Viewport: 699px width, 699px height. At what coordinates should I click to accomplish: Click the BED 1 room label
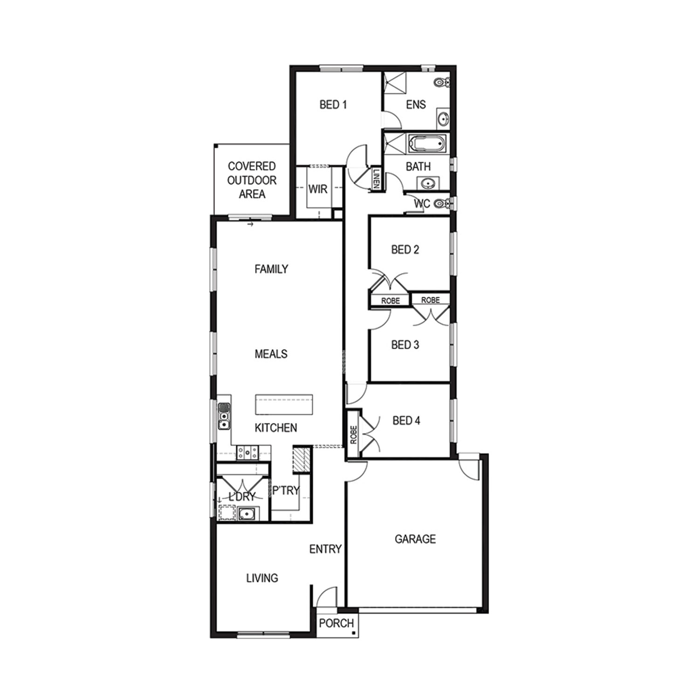(x=333, y=104)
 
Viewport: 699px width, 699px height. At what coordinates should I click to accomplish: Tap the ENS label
(x=416, y=104)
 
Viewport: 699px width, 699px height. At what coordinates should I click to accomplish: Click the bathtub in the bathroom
(x=427, y=144)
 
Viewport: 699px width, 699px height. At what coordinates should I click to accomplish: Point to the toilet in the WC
(x=442, y=204)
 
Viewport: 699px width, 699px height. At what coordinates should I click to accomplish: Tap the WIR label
(x=318, y=189)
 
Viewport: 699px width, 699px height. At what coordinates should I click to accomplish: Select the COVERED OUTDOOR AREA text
(x=252, y=180)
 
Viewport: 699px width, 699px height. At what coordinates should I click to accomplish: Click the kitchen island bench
(x=284, y=404)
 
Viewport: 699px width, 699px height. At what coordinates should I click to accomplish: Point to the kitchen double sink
(x=224, y=416)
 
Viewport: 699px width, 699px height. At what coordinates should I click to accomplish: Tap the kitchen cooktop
(x=247, y=452)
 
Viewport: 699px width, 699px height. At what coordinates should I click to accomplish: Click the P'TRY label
(x=286, y=490)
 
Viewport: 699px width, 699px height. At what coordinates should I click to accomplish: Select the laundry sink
(x=246, y=514)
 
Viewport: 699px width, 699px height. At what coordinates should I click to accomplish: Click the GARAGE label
(x=415, y=539)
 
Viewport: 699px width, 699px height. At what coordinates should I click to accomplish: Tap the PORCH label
(x=336, y=623)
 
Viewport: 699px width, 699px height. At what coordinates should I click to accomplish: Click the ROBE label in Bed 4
(x=353, y=435)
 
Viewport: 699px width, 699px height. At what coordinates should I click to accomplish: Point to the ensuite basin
(x=443, y=118)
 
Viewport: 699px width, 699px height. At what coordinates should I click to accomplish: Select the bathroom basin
(x=428, y=184)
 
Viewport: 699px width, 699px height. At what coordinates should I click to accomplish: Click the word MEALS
(x=271, y=354)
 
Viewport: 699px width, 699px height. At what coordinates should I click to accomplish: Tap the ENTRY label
(x=325, y=549)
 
